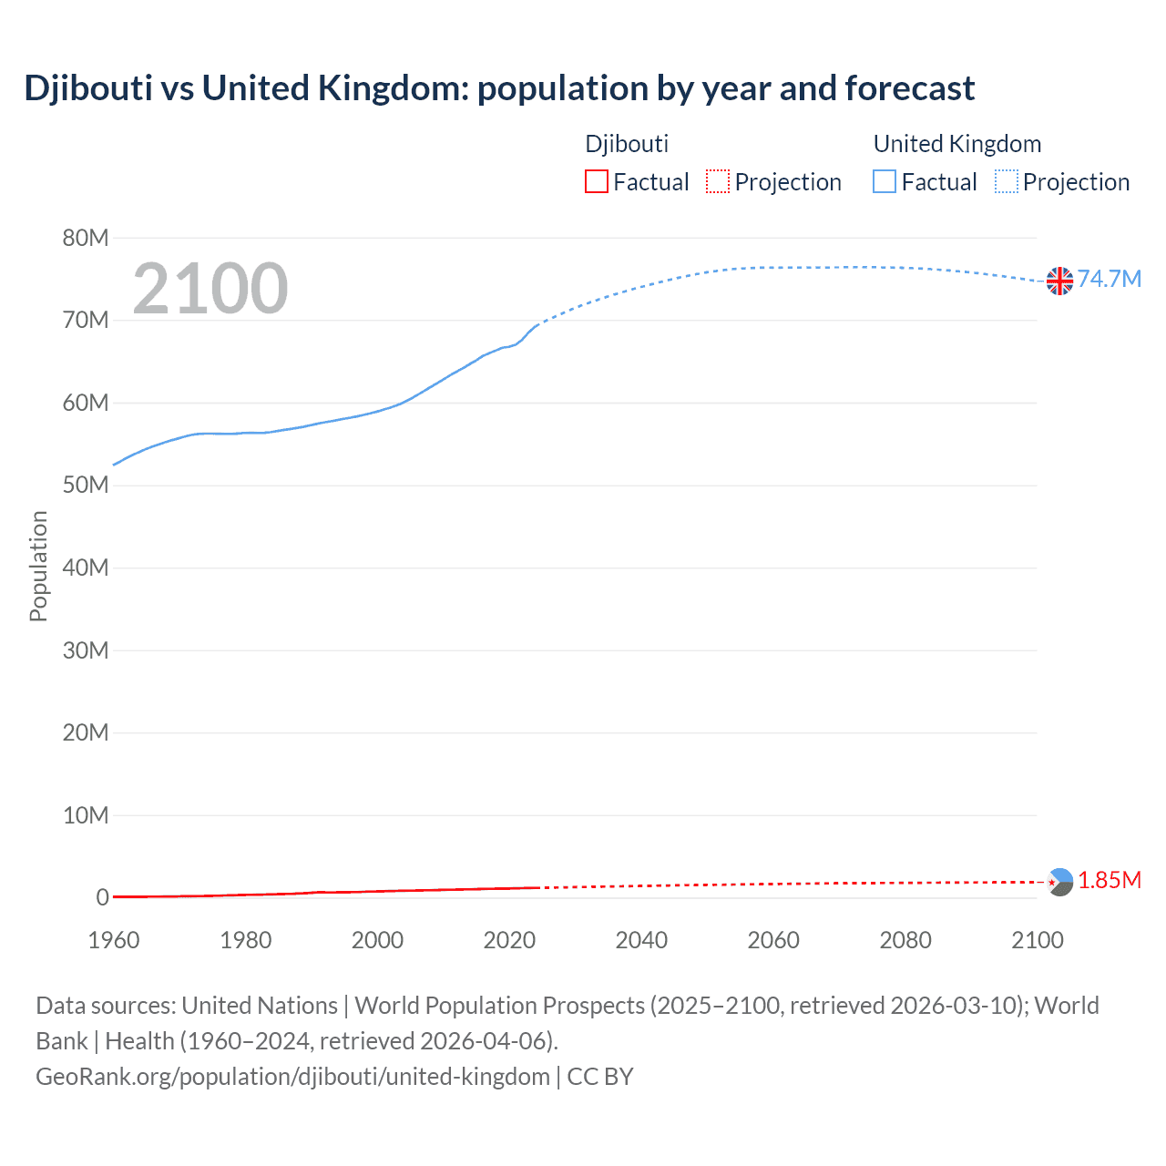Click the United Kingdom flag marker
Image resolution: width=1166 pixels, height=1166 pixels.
1059,281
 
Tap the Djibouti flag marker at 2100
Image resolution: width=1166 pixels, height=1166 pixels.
1059,882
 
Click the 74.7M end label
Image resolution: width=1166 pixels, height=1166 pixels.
1109,279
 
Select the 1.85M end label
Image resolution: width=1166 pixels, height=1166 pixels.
1109,880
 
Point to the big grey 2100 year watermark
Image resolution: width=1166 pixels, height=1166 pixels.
210,289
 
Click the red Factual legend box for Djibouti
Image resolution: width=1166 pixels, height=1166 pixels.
597,181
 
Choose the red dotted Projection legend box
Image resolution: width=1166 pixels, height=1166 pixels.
718,181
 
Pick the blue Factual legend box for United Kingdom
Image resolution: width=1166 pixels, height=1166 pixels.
885,181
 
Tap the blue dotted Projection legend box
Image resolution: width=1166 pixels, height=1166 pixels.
1007,181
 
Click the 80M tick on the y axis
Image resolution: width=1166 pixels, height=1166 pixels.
86,238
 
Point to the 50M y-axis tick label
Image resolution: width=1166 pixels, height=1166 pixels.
86,485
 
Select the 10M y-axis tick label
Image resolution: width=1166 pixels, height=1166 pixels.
86,815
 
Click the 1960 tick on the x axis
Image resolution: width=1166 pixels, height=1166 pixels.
114,940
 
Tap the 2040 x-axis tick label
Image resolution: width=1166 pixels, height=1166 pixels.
641,940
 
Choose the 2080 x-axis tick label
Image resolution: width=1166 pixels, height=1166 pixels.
905,940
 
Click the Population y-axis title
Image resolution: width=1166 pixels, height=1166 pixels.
38,566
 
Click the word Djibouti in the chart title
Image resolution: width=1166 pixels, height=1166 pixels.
88,88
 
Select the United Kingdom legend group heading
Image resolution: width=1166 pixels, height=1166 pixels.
956,144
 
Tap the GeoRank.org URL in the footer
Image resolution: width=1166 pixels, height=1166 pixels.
292,1077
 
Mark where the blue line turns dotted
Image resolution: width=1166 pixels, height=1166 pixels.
539,322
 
